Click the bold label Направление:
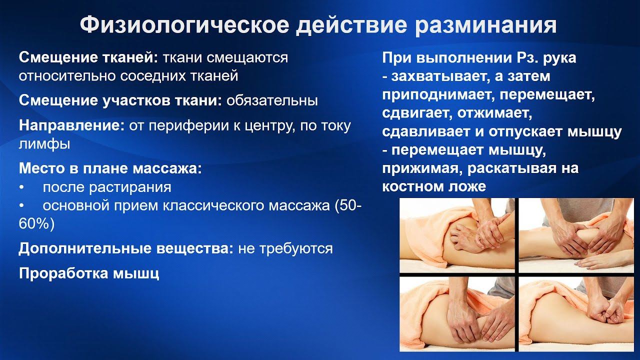coord(71,125)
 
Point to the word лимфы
coord(44,144)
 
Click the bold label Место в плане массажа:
coord(110,168)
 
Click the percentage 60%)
coord(36,224)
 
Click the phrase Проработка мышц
coord(89,273)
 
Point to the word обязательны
coord(272,100)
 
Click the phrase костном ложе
coord(433,186)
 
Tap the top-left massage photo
coord(457,235)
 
